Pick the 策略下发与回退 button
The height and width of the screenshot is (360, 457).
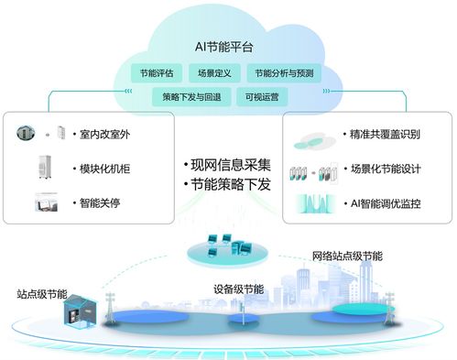[186, 94]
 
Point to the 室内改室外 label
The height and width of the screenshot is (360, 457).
[101, 136]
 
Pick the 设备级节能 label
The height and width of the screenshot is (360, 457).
[238, 289]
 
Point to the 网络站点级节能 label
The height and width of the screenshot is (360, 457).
[347, 256]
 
